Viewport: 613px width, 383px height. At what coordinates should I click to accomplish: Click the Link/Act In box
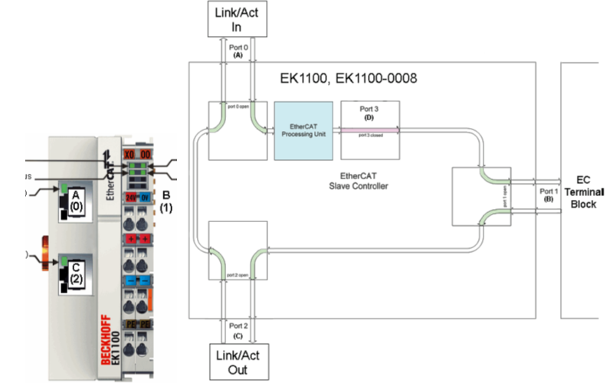[x=236, y=18]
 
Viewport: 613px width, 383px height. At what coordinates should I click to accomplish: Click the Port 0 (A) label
[x=237, y=51]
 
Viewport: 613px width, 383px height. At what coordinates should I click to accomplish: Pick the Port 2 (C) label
[x=237, y=329]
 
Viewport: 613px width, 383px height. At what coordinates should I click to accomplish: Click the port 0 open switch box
[x=236, y=130]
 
